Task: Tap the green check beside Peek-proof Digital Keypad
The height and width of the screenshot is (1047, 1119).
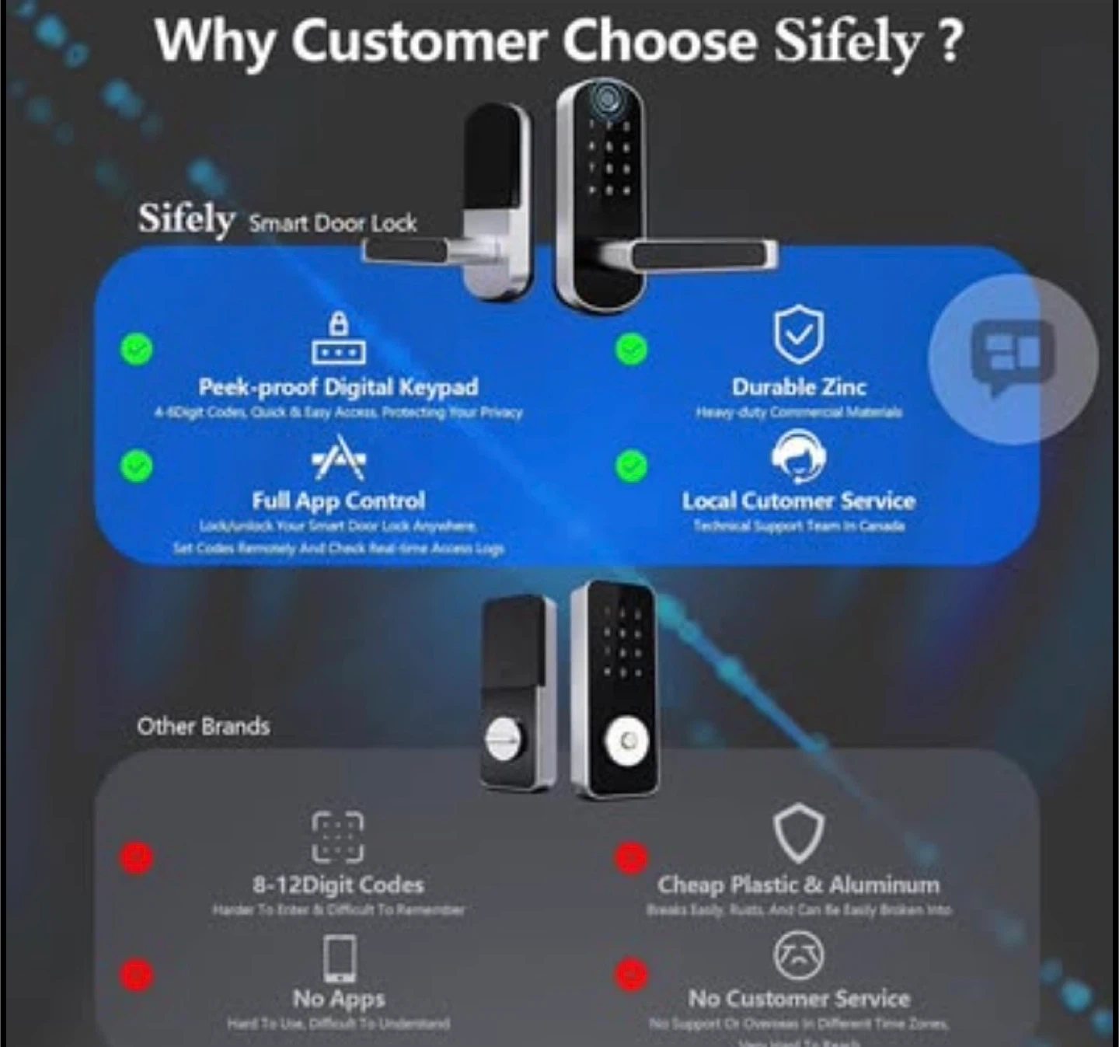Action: point(137,349)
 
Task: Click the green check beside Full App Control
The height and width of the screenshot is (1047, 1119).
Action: point(137,466)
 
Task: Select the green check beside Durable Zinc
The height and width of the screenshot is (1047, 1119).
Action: point(631,349)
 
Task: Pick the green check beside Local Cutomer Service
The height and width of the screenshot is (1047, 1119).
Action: point(631,466)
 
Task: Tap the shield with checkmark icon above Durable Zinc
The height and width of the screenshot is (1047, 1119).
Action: point(798,335)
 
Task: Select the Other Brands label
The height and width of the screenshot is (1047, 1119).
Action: point(204,726)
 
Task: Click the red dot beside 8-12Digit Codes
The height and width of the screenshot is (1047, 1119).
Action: point(137,857)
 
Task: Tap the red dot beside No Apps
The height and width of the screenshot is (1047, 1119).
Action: point(137,974)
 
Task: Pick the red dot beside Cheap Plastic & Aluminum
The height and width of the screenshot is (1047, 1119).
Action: point(631,857)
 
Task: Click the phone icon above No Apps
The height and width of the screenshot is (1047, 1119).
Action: point(340,958)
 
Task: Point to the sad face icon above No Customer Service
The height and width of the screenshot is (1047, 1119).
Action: point(798,955)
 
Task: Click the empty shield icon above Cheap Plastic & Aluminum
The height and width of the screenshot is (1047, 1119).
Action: point(798,835)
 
